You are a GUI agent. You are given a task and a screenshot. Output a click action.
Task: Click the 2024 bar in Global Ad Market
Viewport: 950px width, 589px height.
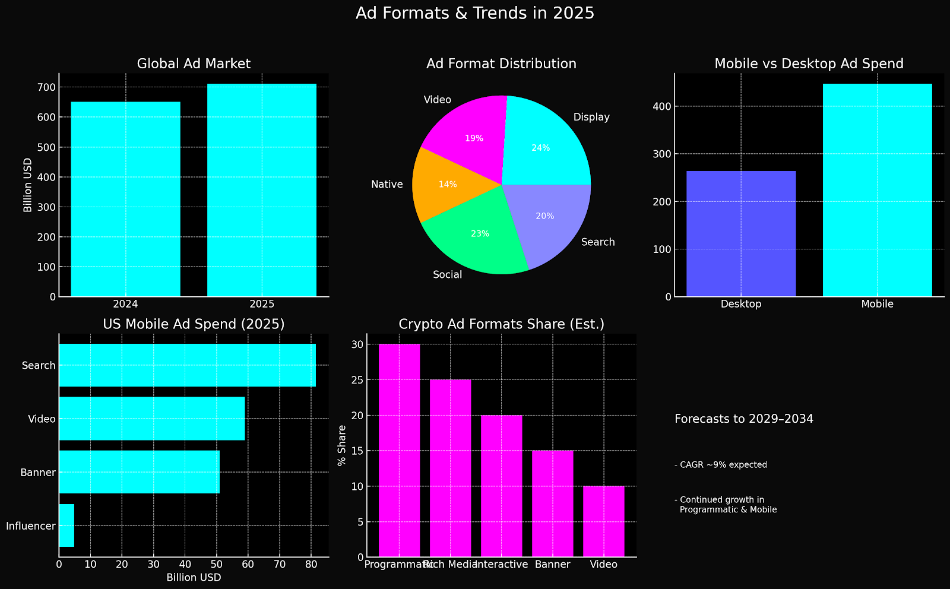click(125, 199)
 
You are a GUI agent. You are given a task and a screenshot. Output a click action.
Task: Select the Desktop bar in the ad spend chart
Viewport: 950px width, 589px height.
click(741, 233)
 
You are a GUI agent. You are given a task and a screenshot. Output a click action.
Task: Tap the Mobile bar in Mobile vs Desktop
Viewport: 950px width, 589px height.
click(877, 190)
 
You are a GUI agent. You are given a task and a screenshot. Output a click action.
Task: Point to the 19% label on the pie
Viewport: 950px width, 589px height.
click(474, 138)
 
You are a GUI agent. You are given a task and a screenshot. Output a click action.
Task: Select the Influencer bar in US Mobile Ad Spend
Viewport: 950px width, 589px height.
click(66, 525)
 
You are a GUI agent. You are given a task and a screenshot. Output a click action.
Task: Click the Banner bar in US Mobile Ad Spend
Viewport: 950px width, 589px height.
click(139, 472)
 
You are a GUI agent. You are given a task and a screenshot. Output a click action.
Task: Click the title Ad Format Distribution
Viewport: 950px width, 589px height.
click(501, 64)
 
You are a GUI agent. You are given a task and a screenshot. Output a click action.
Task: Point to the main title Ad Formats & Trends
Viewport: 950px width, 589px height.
click(474, 13)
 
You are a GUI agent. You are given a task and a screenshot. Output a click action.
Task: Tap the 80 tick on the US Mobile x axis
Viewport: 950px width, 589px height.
click(311, 564)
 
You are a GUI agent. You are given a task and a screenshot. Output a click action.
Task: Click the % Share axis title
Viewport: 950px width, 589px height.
click(341, 445)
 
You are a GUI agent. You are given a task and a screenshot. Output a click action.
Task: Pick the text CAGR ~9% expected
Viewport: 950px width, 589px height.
click(721, 465)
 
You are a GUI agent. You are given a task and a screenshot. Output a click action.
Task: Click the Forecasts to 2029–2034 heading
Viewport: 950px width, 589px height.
click(744, 419)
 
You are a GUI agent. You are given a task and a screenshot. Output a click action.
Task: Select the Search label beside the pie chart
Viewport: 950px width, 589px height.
click(598, 242)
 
